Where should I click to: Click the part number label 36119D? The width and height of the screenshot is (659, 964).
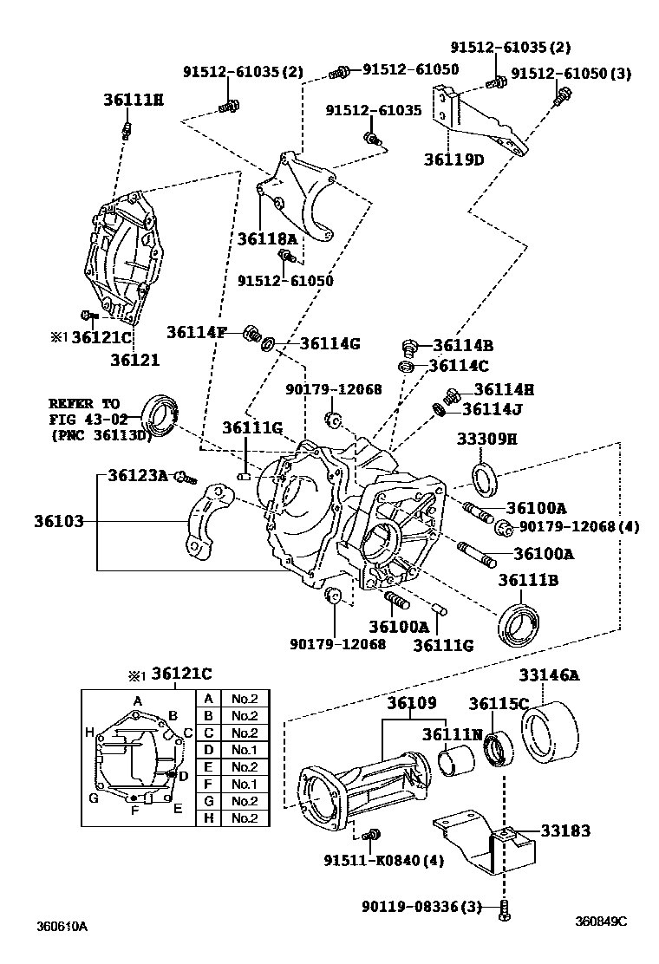coord(453,160)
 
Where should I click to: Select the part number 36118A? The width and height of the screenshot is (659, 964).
coord(267,238)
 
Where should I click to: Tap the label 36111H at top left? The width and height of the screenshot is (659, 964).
coord(133,100)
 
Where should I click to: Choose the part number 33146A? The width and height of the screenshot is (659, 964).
coord(549,676)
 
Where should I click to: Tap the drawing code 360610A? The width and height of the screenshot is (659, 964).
coord(62,926)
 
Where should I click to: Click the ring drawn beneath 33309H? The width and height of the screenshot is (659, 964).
coord(486,477)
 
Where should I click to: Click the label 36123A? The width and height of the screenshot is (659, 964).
coord(138,475)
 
